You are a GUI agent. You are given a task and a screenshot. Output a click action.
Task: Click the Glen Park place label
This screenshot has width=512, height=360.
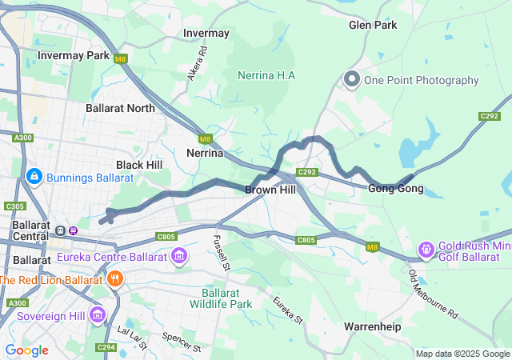[x=373, y=25]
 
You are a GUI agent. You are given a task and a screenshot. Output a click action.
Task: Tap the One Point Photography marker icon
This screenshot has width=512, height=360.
[x=352, y=79]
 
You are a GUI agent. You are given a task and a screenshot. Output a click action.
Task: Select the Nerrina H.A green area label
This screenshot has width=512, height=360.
[x=266, y=75]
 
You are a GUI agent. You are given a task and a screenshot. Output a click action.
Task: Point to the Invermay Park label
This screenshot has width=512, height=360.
[x=74, y=56]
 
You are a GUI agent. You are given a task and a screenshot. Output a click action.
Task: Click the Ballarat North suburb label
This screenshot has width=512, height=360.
[x=121, y=108]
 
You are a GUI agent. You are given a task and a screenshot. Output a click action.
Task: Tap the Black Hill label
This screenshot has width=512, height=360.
[x=139, y=164]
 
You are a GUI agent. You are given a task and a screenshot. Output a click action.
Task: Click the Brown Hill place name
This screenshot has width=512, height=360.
[x=270, y=190]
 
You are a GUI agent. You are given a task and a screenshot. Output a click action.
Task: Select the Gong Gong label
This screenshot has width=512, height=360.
[x=395, y=189]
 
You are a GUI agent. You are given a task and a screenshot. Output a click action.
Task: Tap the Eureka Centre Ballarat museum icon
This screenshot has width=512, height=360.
[x=178, y=258]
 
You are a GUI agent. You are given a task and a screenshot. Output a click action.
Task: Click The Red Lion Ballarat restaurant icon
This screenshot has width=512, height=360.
[x=116, y=279]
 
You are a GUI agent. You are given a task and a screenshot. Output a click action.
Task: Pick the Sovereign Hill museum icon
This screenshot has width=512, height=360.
[x=98, y=314]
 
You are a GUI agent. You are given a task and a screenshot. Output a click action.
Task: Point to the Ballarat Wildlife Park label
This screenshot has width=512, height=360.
[x=222, y=298]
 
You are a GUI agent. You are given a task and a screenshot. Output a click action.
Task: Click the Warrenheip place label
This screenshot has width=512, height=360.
[x=371, y=327]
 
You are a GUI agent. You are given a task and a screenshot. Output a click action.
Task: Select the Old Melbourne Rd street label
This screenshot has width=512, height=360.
[x=433, y=293]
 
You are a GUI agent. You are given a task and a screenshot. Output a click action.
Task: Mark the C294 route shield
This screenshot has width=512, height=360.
[x=106, y=347]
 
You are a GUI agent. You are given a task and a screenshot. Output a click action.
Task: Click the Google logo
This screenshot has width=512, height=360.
[x=26, y=350]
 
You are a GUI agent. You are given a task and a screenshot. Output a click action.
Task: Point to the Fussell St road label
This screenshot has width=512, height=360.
[x=222, y=250]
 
